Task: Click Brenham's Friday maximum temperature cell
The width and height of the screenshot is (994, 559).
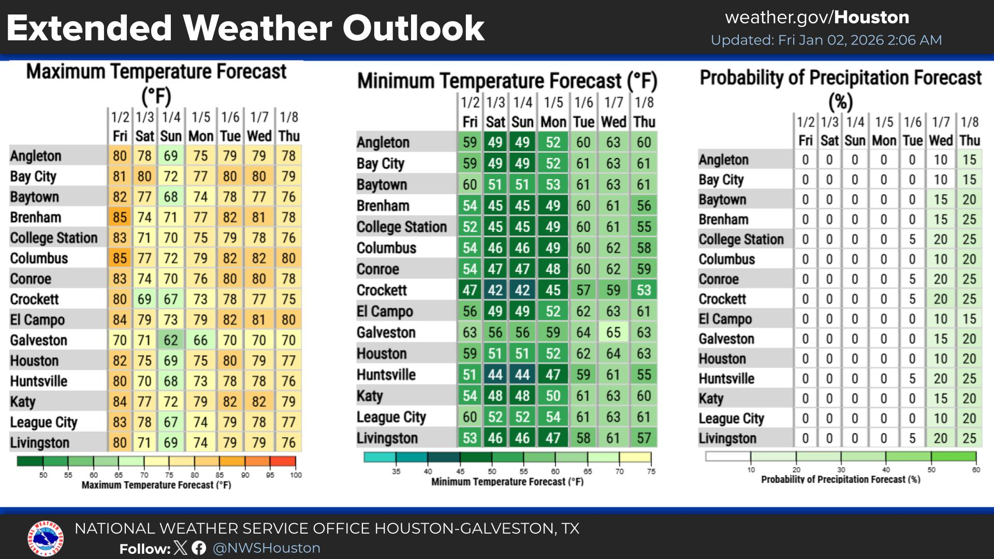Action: tap(120, 217)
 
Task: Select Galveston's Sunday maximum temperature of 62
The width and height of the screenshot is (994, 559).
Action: tap(171, 340)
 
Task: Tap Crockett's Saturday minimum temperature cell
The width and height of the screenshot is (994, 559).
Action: tap(495, 290)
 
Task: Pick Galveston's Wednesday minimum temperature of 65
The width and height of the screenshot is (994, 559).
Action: tap(613, 332)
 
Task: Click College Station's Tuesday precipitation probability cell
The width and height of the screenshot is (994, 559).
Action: tap(912, 239)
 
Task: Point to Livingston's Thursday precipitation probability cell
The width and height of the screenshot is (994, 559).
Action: tap(969, 438)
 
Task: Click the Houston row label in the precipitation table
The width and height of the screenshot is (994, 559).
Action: tap(722, 359)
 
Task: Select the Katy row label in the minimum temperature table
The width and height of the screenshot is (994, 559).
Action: tap(370, 396)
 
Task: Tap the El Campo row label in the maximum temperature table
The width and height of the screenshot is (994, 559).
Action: tap(37, 320)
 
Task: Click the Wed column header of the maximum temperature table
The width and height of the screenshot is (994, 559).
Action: tap(259, 136)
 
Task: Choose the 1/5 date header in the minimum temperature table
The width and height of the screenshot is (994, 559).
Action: tap(553, 102)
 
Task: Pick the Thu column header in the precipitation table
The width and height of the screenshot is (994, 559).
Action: tap(969, 141)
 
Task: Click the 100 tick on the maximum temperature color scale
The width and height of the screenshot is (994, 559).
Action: tap(296, 475)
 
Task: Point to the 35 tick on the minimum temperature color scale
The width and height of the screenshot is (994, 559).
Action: tap(396, 472)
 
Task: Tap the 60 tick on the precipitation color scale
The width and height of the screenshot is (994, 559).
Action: tap(976, 470)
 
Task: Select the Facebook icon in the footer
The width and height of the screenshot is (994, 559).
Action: tap(199, 548)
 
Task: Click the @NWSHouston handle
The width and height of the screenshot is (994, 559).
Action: tap(267, 548)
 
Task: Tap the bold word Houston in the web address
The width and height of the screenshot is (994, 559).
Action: tap(872, 18)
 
